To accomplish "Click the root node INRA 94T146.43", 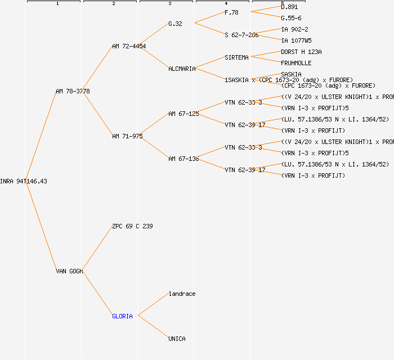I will (x=24, y=181).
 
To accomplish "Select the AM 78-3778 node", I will (x=73, y=91).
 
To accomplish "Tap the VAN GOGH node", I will (x=69, y=271).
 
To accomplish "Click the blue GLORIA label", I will (x=122, y=316).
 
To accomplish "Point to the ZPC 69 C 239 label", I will (x=132, y=226).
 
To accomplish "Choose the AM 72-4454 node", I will (x=129, y=46).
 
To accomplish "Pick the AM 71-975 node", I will (x=127, y=136).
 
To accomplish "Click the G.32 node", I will (x=175, y=24).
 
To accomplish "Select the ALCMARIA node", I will (x=182, y=69).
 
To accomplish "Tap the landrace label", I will (x=182, y=294).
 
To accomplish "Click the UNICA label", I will (x=177, y=339).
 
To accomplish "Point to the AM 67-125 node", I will (x=183, y=114).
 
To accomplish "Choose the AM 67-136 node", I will (x=183, y=159).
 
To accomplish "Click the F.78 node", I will (x=231, y=12).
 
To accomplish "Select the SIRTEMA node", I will (x=236, y=57).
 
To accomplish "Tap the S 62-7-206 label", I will (x=241, y=35).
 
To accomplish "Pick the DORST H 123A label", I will (x=301, y=52).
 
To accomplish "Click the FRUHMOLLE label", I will (x=296, y=63).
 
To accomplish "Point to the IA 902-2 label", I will (x=294, y=29).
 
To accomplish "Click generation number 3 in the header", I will (x=169, y=4).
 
